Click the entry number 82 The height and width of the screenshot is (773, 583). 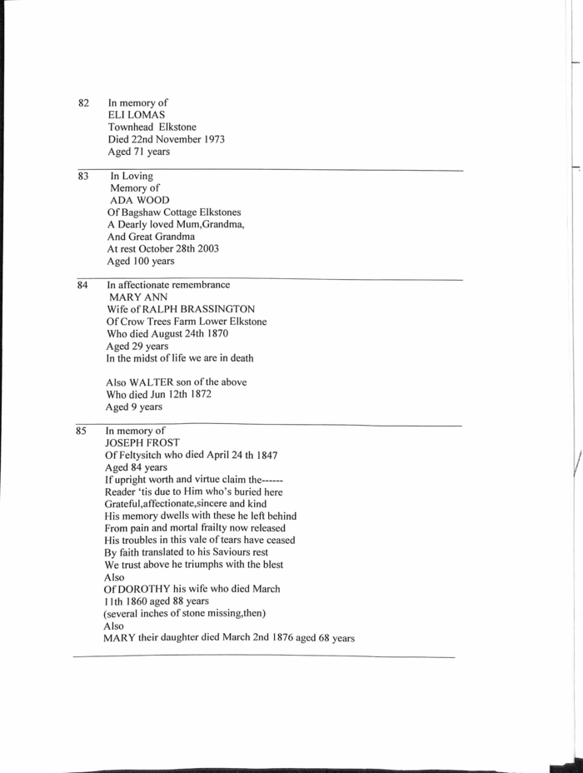(83, 103)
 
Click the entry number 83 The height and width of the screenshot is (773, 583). (83, 177)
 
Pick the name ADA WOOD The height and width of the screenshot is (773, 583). (140, 201)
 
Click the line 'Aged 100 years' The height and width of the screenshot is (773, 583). (141, 262)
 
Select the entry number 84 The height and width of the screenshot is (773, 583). (82, 286)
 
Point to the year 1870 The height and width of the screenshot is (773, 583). (215, 334)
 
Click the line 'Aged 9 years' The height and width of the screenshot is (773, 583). (134, 407)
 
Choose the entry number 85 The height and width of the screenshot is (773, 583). (82, 431)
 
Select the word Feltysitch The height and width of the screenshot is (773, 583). (145, 456)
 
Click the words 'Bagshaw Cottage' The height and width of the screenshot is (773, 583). (166, 212)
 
